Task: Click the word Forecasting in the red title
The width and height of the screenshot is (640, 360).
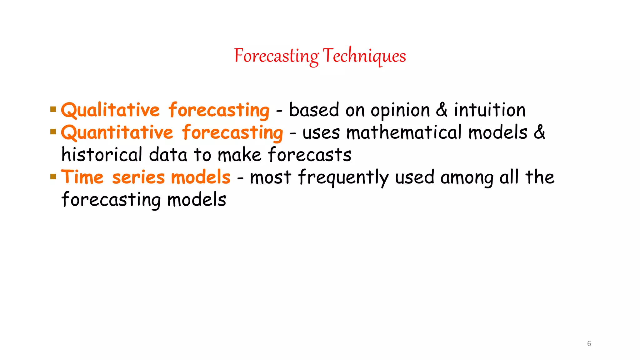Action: point(276,56)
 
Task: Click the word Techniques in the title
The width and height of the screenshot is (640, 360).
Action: point(364,56)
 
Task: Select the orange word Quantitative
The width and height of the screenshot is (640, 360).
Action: point(117,132)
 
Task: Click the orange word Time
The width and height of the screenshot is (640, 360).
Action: point(82,177)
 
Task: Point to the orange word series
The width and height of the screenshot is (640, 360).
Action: point(138,177)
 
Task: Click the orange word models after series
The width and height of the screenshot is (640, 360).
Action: point(201,177)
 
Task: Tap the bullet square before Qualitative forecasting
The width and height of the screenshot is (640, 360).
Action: point(53,109)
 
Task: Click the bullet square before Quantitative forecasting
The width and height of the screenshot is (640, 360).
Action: point(53,132)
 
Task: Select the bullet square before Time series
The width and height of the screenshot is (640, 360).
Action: point(53,177)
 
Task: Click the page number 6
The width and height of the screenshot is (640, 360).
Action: point(589,344)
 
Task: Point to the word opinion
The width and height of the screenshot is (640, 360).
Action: point(400,111)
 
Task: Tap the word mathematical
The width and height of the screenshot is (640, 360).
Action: point(404,132)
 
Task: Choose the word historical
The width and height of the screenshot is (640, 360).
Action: point(102,155)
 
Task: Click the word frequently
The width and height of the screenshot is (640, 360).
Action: point(343,177)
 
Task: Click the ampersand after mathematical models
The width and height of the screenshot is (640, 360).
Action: point(539,132)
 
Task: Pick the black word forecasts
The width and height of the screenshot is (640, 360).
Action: point(310,155)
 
